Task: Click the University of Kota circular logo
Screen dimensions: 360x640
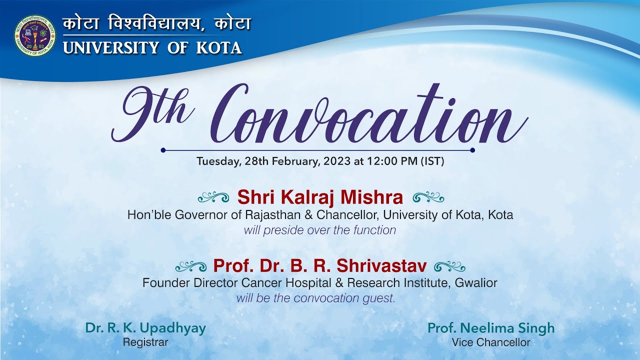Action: (x=35, y=35)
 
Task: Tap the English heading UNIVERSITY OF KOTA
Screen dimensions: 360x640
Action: (x=152, y=48)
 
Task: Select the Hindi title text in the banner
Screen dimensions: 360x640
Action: (x=156, y=24)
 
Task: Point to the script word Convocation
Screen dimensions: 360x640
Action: (x=370, y=115)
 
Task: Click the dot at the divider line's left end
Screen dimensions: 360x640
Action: (x=163, y=150)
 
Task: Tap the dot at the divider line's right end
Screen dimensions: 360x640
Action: (x=472, y=150)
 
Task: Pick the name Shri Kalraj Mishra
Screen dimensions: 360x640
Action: (x=320, y=197)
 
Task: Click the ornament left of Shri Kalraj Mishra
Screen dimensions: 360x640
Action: (x=213, y=197)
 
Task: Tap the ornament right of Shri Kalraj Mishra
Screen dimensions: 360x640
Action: (x=428, y=197)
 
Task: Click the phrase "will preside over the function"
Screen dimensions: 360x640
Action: (x=320, y=230)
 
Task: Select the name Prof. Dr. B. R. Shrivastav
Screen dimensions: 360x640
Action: (x=320, y=265)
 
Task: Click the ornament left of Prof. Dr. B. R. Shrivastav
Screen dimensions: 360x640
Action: (x=191, y=265)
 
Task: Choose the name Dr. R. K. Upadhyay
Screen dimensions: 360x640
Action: (x=145, y=328)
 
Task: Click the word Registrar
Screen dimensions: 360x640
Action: (x=145, y=342)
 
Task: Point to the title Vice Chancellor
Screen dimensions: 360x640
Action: (x=490, y=342)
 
